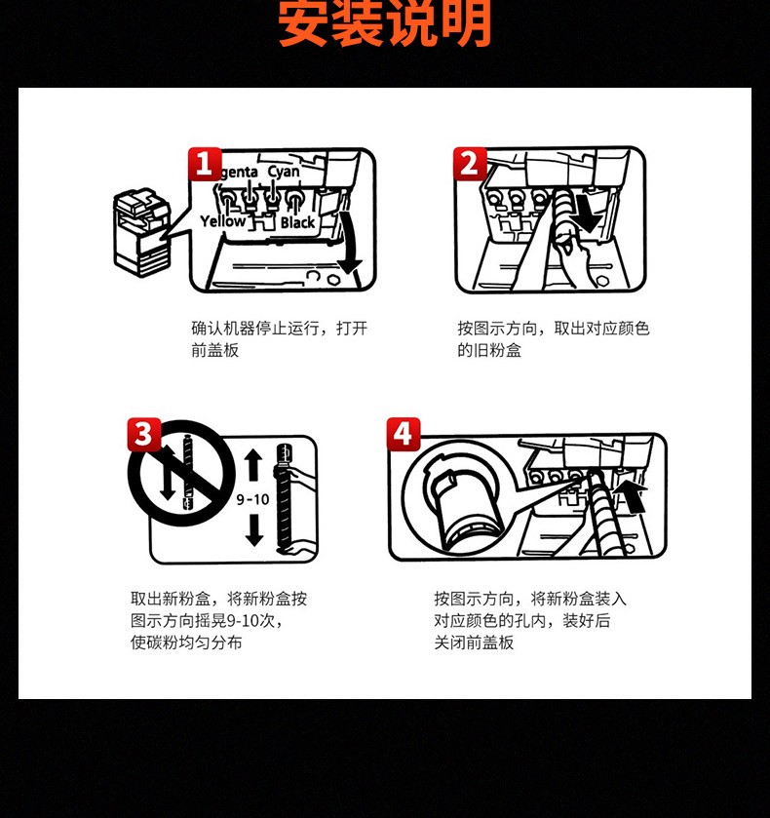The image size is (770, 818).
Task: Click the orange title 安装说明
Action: point(385,23)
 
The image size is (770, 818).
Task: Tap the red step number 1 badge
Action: point(205,165)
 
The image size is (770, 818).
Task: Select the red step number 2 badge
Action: point(470,164)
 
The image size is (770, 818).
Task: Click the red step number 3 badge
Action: point(144,434)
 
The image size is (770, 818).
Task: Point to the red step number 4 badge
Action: point(404,434)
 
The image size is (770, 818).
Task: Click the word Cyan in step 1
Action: point(284,172)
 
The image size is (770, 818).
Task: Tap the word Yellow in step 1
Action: point(223,221)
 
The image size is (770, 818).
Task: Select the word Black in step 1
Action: point(298,222)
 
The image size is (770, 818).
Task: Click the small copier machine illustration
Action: point(142,233)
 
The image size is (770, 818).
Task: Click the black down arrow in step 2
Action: point(585,213)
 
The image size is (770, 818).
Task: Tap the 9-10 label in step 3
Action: point(252,500)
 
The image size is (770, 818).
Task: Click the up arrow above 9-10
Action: point(253,464)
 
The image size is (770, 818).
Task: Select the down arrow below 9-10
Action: point(254,530)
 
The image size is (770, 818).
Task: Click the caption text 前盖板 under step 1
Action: point(215,350)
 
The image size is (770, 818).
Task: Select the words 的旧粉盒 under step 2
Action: point(489,350)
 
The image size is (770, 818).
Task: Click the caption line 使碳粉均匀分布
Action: point(186,643)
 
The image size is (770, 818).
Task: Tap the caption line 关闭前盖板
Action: point(474,643)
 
